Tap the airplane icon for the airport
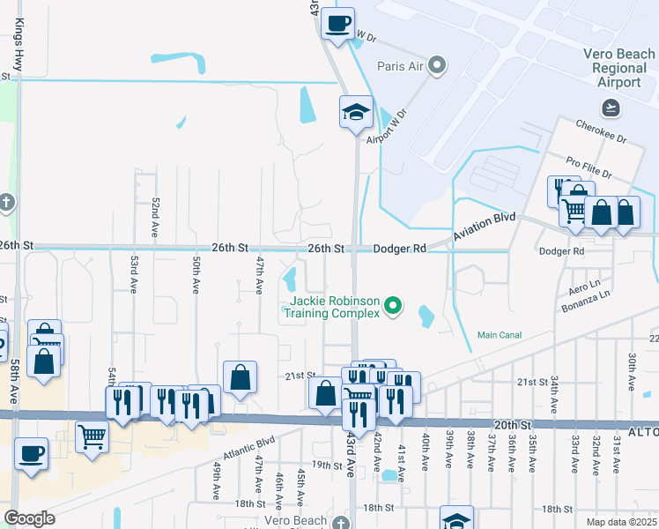point(610,107)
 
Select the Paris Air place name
point(401,65)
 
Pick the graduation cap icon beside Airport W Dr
point(356,112)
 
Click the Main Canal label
point(500,335)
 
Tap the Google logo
point(29,518)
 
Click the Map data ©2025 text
point(620,521)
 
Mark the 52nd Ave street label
point(155,216)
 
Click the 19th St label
point(325,465)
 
